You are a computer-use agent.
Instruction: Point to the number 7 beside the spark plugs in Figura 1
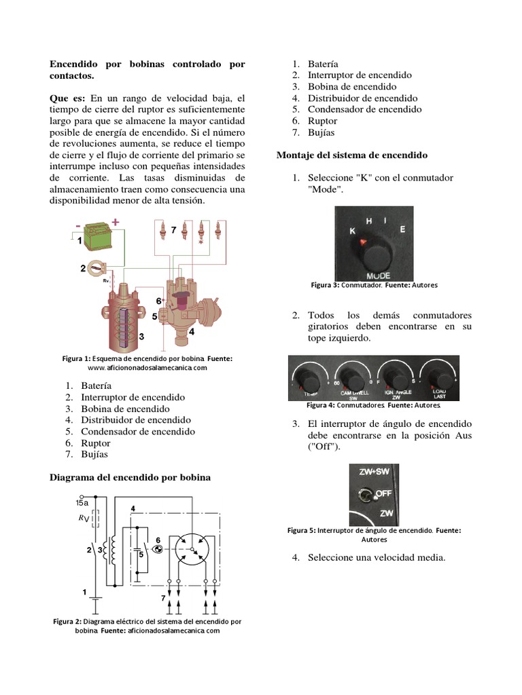174,231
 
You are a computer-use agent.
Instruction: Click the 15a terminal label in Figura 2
82,503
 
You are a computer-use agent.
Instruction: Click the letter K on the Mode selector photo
352,231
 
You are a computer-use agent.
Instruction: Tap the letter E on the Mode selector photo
402,229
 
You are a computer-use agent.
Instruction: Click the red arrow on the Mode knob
364,242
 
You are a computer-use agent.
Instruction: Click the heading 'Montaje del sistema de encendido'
351,155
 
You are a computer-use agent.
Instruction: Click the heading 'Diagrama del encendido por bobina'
130,477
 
